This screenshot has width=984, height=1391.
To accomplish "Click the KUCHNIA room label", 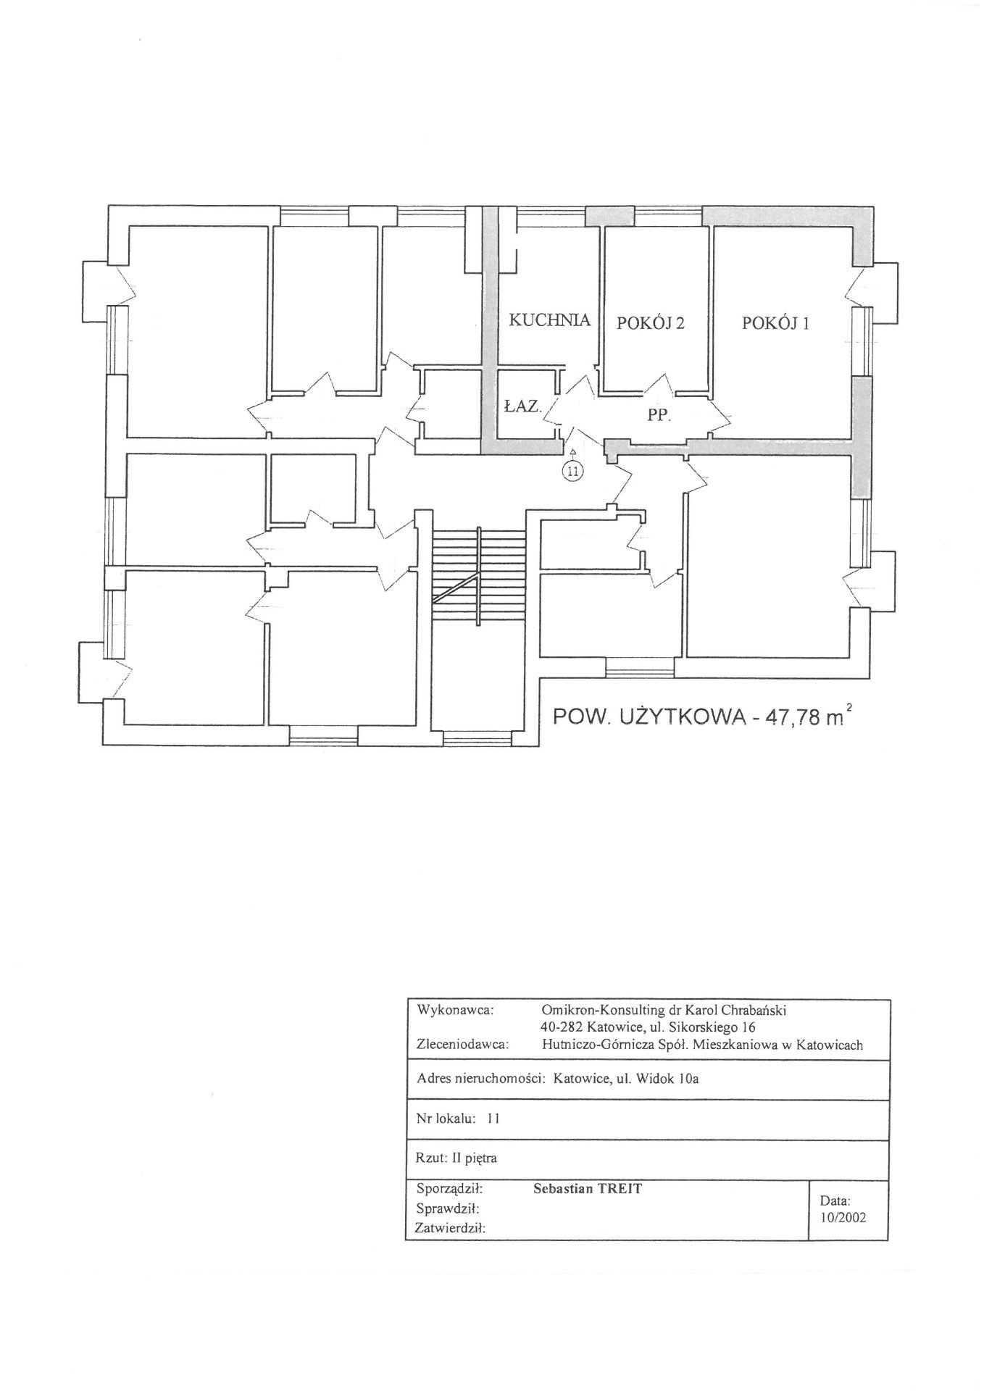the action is click(550, 319).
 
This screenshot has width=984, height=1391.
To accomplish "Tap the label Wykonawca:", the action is click(455, 1009).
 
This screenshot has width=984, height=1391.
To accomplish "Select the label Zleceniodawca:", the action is click(463, 1045).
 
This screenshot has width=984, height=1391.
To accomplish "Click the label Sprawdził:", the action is click(449, 1208).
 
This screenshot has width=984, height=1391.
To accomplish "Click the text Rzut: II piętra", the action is click(457, 1158).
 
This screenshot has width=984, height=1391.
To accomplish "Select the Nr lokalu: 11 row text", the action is click(458, 1118).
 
